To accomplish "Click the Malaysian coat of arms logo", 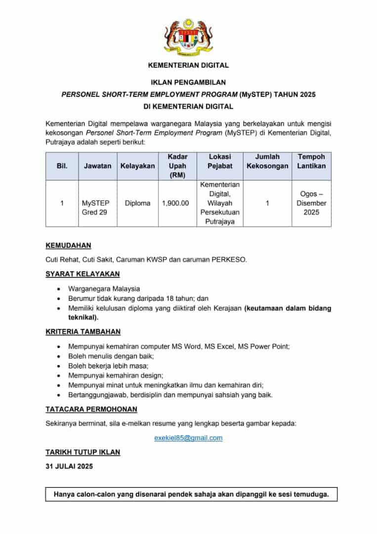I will [188, 37].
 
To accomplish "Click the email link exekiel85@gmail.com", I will [188, 438].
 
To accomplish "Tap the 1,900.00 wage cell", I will [175, 203].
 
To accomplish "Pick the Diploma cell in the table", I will [137, 203].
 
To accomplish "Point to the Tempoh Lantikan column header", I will [311, 161].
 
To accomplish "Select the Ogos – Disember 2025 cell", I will [311, 203].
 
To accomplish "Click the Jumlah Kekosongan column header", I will [267, 161].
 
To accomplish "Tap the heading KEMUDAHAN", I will [68, 245].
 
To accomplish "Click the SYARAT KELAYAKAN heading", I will [83, 274].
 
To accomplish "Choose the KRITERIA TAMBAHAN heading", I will [83, 332].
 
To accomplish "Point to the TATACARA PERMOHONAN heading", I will [91, 409].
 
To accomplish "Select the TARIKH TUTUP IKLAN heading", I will [83, 452].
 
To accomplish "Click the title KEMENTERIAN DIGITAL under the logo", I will [188, 65].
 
